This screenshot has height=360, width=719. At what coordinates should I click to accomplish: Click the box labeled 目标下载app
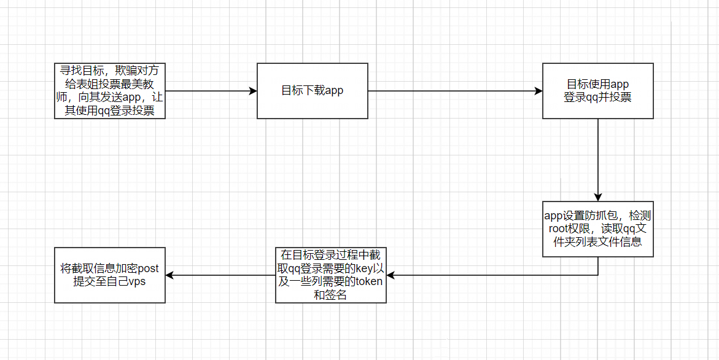pyautogui.click(x=312, y=91)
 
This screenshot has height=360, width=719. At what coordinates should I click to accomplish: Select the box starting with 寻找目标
pyautogui.click(x=109, y=91)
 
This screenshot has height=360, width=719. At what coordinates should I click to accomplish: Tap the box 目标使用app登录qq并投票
pyautogui.click(x=597, y=91)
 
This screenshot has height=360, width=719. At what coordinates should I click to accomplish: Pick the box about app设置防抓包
pyautogui.click(x=597, y=229)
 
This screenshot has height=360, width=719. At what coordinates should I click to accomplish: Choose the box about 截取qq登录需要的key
pyautogui.click(x=330, y=275)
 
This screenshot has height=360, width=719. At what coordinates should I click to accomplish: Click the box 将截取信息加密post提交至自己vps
pyautogui.click(x=109, y=275)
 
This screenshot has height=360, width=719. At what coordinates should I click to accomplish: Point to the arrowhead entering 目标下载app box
pyautogui.click(x=252, y=91)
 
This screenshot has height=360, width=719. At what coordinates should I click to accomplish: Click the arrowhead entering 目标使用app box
pyautogui.click(x=538, y=91)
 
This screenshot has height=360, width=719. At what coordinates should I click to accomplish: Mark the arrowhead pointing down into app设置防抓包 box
pyautogui.click(x=598, y=197)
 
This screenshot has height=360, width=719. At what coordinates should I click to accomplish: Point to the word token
pyautogui.click(x=368, y=282)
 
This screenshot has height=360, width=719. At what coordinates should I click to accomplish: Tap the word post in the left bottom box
pyautogui.click(x=147, y=269)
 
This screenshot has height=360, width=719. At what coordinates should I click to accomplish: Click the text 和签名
pyautogui.click(x=330, y=295)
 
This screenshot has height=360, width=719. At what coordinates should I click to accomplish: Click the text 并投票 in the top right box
pyautogui.click(x=616, y=97)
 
